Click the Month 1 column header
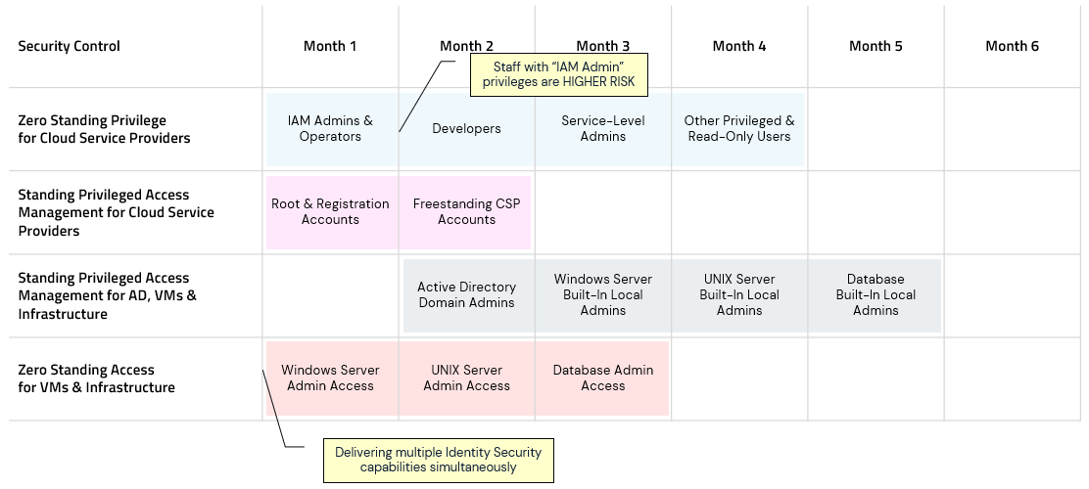point(330,46)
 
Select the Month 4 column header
point(739,46)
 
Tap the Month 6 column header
point(1012,46)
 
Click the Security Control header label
point(69,46)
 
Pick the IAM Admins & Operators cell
point(330,129)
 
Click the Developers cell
point(466,129)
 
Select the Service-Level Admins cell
point(602,129)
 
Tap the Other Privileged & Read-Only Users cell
point(739,129)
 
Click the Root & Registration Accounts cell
point(330,212)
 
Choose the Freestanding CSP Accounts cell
point(466,212)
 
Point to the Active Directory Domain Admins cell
point(466,295)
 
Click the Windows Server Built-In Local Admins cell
point(602,295)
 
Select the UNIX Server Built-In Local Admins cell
point(739,295)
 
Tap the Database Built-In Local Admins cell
point(876,295)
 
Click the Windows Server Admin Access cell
point(330,378)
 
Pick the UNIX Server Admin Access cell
point(466,378)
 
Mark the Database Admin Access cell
point(602,378)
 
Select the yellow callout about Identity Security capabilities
point(438,460)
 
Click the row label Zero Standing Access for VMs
point(96,379)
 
